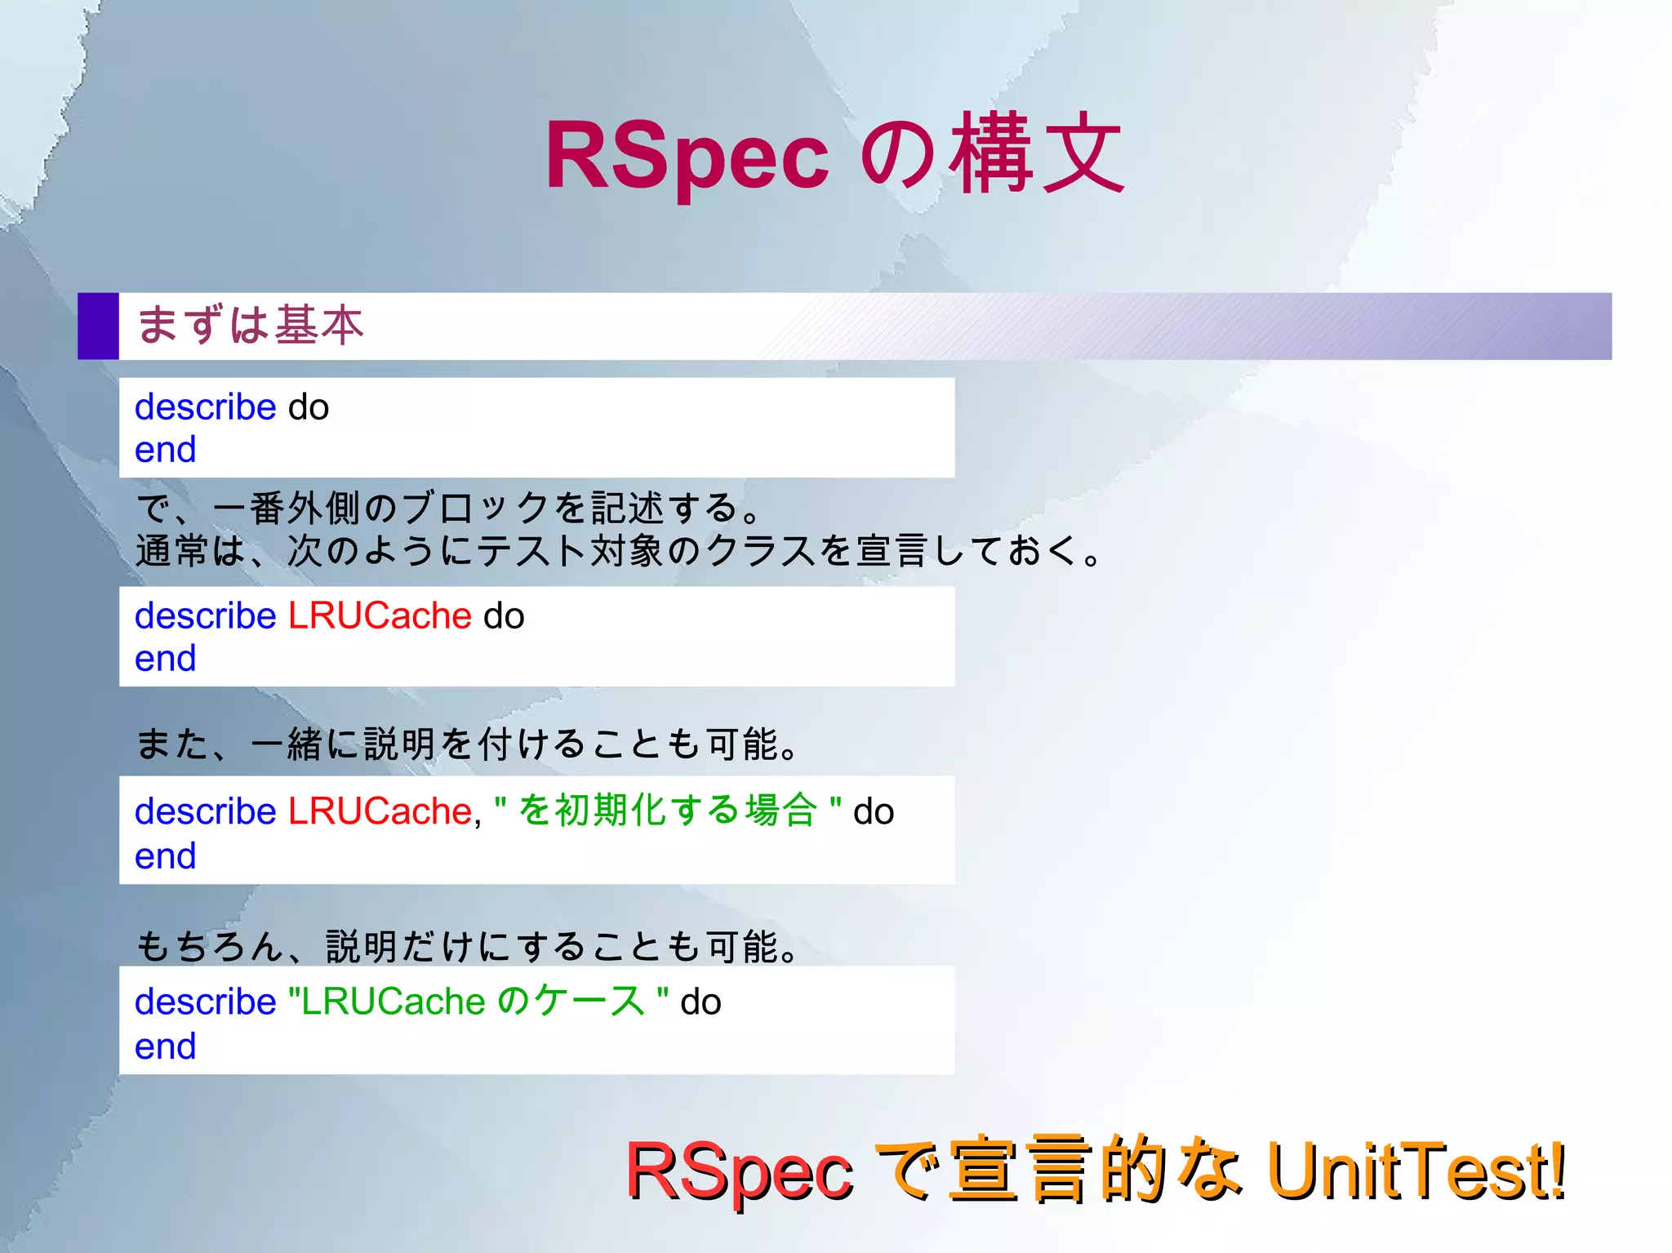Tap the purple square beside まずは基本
tap(98, 326)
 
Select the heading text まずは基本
tap(250, 325)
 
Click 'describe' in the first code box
tap(205, 407)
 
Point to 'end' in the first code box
tap(165, 450)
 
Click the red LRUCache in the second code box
tap(380, 615)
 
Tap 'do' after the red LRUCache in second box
tap(504, 616)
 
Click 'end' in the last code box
tap(165, 1046)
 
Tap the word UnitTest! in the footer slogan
tap(1416, 1171)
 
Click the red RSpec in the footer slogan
tap(739, 1172)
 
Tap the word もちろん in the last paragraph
tap(209, 946)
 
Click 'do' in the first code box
tap(309, 407)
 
